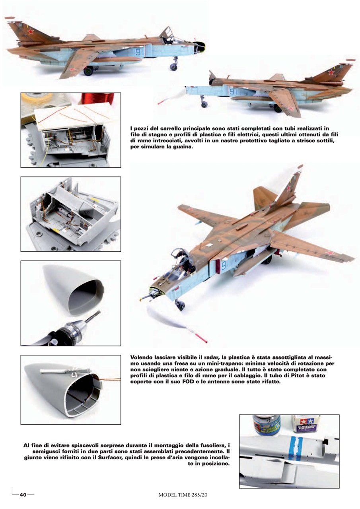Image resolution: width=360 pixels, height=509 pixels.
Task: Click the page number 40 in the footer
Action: (x=23, y=495)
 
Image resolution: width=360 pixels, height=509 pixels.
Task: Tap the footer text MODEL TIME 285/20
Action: (x=183, y=495)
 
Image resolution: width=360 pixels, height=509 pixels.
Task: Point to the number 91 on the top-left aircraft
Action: (x=140, y=52)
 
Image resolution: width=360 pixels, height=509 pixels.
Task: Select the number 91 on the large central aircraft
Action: (x=224, y=265)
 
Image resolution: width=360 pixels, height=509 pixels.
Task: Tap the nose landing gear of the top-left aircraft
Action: (x=174, y=64)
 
